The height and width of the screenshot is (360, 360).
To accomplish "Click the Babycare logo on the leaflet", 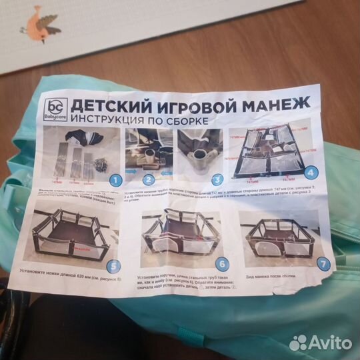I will (57, 108).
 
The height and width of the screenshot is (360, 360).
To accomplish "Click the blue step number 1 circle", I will (115, 179).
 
